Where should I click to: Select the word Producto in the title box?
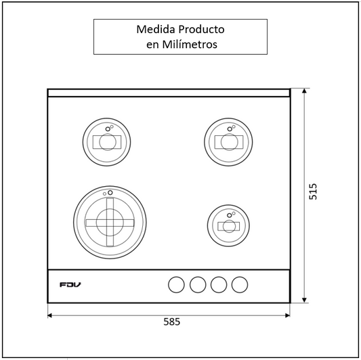[201, 29]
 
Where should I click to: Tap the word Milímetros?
[190, 44]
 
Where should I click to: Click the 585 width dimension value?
[172, 321]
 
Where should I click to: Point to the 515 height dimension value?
[313, 192]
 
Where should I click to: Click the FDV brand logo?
[70, 285]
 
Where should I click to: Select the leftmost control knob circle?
[176, 285]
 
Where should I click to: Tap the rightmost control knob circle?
[240, 285]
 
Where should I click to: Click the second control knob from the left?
[198, 285]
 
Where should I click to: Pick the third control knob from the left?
[219, 285]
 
